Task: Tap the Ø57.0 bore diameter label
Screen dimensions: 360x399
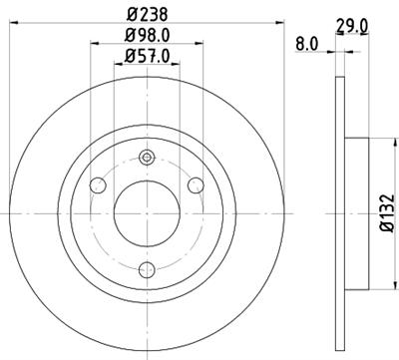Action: point(148,57)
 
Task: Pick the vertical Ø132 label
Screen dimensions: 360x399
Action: point(384,213)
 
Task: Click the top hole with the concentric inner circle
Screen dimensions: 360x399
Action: point(148,157)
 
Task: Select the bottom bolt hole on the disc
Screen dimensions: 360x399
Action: point(148,268)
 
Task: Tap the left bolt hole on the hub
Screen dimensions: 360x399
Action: point(99,186)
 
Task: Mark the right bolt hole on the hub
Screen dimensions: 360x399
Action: point(197,186)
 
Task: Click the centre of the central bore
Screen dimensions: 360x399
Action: point(148,212)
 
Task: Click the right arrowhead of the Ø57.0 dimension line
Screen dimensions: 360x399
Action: point(180,66)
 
